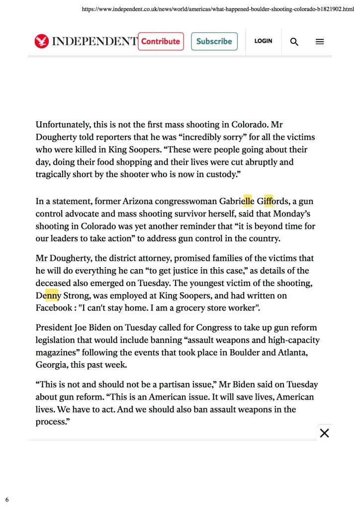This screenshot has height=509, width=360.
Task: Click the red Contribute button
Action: pyautogui.click(x=161, y=41)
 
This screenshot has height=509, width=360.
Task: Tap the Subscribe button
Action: pyautogui.click(x=214, y=41)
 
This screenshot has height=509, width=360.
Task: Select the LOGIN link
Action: pyautogui.click(x=263, y=41)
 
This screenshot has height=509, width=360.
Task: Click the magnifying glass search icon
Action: pyautogui.click(x=294, y=42)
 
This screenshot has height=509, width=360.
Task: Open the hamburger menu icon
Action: pyautogui.click(x=320, y=42)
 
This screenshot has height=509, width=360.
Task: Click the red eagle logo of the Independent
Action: pyautogui.click(x=41, y=41)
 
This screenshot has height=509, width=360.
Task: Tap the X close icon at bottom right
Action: pyautogui.click(x=324, y=433)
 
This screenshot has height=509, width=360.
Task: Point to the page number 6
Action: pyautogui.click(x=7, y=499)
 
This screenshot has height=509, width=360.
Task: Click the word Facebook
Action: pyautogui.click(x=54, y=308)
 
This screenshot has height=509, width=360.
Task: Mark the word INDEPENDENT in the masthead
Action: pyautogui.click(x=94, y=41)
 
